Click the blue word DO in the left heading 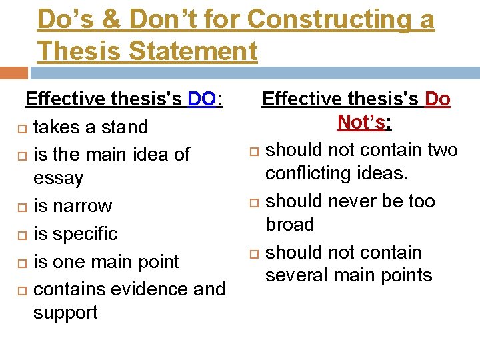(x=201, y=99)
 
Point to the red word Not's (x=363, y=123)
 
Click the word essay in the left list (x=59, y=179)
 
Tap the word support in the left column (x=66, y=313)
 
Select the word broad (x=290, y=225)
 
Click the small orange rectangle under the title (x=14, y=73)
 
